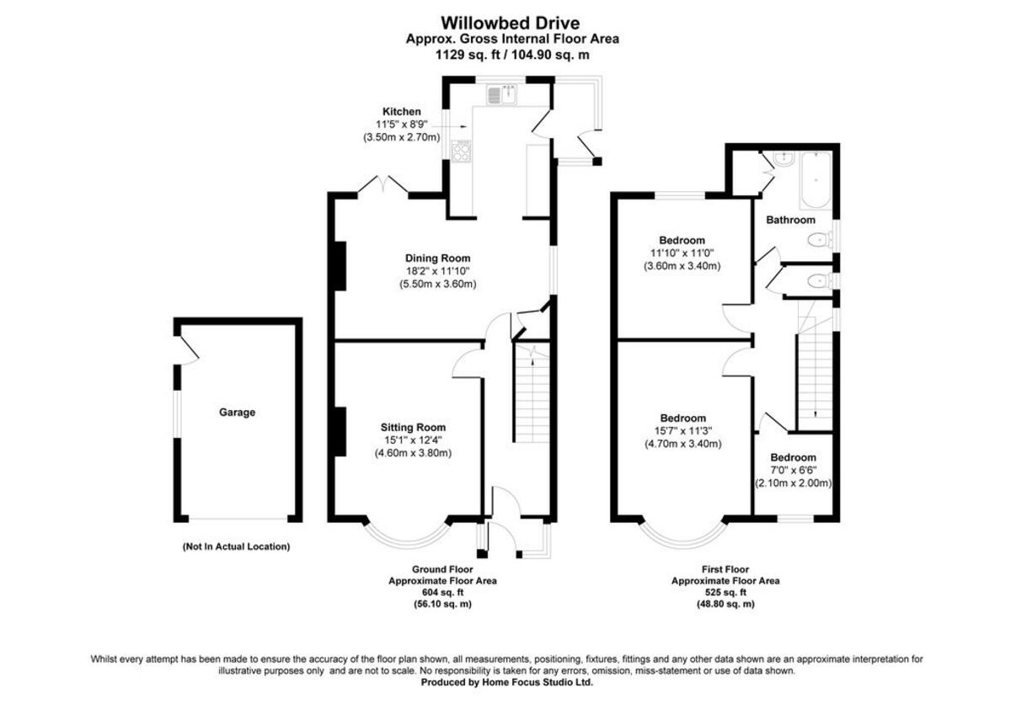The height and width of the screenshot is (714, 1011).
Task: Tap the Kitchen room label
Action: [x=402, y=111]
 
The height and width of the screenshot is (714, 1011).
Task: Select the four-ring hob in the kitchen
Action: [x=461, y=151]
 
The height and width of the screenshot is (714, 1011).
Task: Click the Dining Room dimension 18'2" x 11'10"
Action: [x=437, y=271]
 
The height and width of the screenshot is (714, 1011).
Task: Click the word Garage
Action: [x=237, y=413]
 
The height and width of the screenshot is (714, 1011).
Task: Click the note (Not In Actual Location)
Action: [x=236, y=546]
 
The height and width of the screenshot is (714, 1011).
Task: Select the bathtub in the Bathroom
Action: [x=816, y=180]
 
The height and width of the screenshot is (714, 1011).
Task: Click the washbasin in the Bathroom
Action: [x=781, y=157]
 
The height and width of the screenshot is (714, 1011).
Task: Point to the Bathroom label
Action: [x=790, y=220]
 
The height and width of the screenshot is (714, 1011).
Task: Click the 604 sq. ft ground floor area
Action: [x=441, y=592]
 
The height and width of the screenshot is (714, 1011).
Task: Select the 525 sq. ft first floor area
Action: [x=725, y=592]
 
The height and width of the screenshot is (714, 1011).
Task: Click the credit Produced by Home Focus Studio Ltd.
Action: [x=507, y=683]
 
